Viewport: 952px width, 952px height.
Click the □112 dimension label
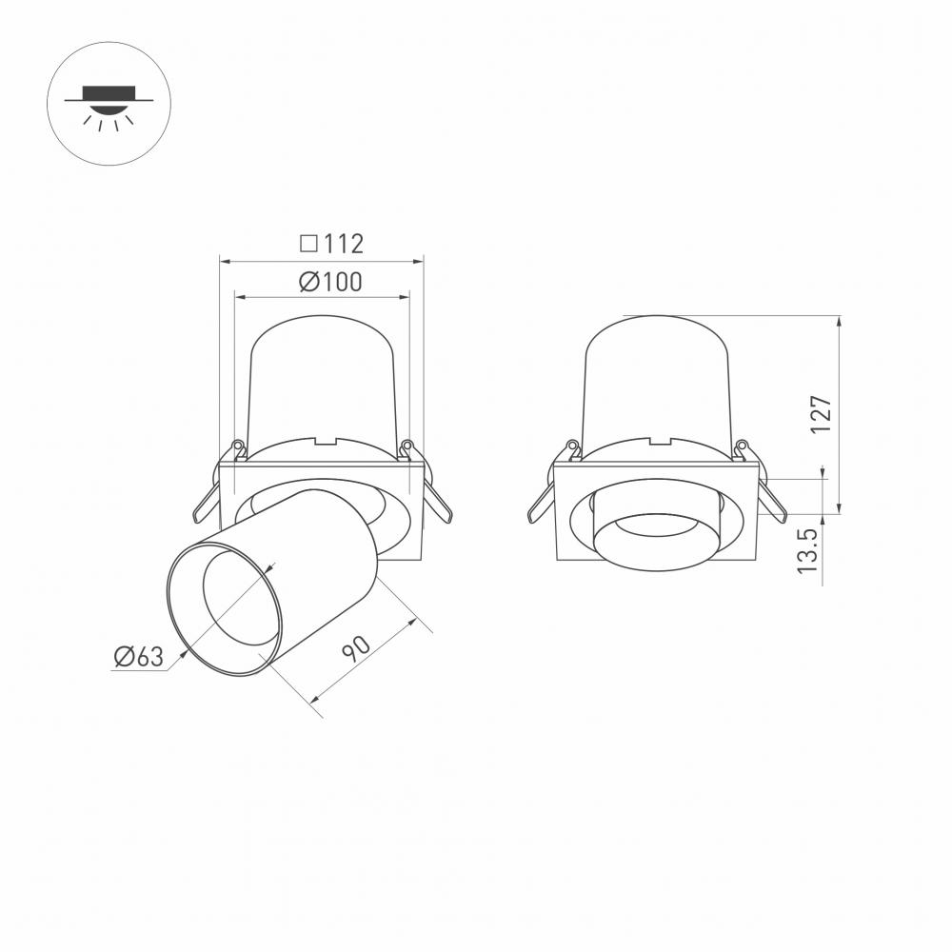click(331, 244)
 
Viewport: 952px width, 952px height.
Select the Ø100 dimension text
click(329, 282)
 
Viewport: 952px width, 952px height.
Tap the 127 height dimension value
click(822, 414)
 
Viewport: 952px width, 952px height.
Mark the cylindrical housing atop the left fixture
click(321, 381)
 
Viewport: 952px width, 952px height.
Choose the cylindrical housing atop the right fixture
click(657, 381)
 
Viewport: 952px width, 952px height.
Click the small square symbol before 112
click(307, 244)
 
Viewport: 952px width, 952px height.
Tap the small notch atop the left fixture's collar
click(327, 442)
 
